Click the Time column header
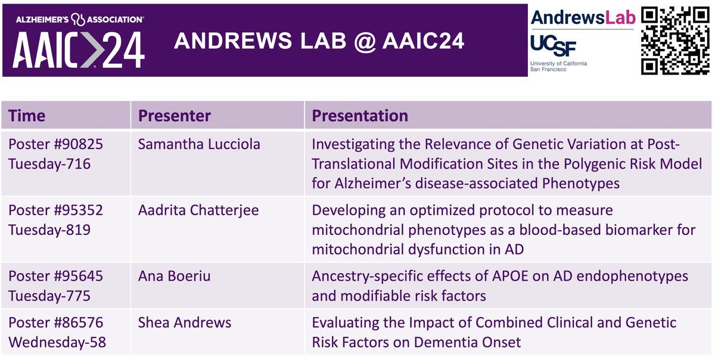pos(27,116)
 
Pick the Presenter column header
pos(175,116)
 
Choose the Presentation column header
pos(360,116)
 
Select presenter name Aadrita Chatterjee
pos(198,211)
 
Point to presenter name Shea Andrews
pos(185,323)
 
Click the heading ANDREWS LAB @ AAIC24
pos(319,41)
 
